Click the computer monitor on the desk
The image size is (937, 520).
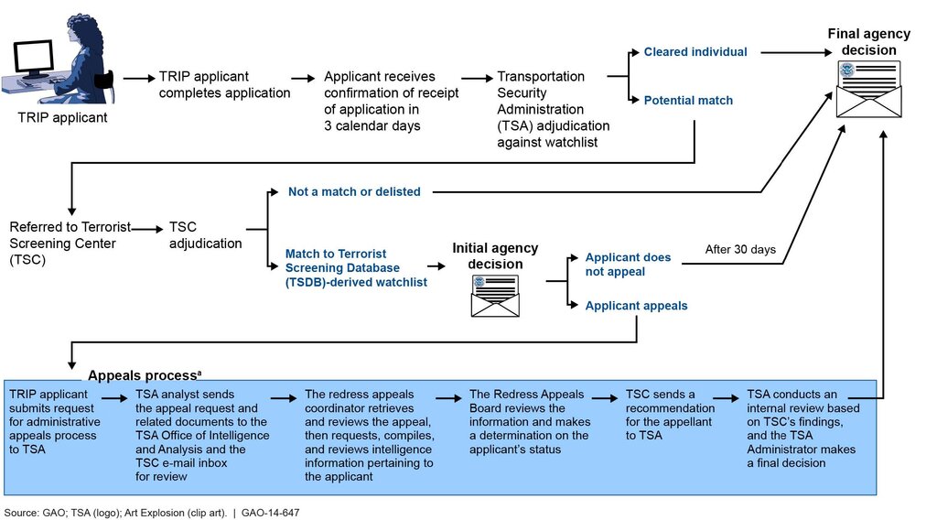34,59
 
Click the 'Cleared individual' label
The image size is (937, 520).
695,52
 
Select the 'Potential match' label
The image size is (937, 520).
688,101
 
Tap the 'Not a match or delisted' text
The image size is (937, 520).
354,192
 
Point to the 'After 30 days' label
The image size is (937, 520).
740,249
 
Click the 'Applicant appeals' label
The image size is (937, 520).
636,306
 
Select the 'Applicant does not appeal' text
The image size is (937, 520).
628,265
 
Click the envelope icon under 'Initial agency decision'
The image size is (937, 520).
495,296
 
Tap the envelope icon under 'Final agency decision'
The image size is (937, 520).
868,90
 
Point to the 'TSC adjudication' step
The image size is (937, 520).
205,235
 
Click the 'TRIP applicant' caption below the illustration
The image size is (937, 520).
62,117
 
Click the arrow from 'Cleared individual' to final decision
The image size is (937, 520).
797,52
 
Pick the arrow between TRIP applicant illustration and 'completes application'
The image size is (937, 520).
139,79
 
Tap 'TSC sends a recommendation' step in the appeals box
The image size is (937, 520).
670,415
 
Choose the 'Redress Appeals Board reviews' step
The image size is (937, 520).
530,422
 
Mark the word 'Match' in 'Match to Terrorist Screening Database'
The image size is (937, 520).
304,254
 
